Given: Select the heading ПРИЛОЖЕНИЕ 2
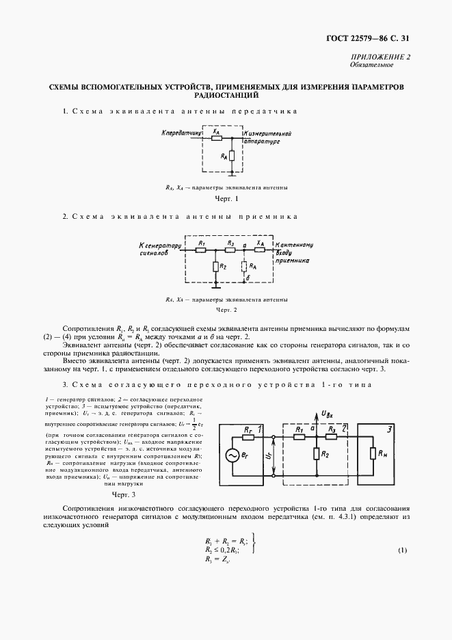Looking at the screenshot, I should point(386,57).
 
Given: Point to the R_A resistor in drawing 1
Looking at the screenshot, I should point(232,157).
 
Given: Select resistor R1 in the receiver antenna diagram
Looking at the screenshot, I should point(201,250).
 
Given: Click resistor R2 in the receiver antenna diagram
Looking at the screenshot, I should point(216,266).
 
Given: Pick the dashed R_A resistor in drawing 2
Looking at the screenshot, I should point(244,266).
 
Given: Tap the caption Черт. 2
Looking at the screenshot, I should point(226,310).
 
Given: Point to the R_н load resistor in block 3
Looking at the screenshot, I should point(373,455).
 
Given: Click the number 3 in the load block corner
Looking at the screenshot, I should point(389,429).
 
